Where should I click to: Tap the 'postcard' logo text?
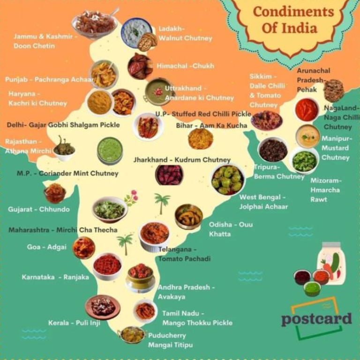[316, 319]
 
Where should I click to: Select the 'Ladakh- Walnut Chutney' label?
[185, 34]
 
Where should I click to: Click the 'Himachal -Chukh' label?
[185, 66]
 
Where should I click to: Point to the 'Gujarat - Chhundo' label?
[38, 209]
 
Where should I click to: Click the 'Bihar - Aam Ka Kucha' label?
[211, 125]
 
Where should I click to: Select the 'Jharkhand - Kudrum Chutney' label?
[182, 160]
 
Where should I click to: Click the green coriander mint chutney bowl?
[110, 150]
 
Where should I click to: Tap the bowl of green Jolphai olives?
[227, 180]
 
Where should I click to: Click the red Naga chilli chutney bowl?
[307, 110]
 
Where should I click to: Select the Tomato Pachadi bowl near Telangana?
[154, 234]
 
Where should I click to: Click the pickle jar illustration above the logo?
[332, 264]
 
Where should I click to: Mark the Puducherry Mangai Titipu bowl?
[132, 334]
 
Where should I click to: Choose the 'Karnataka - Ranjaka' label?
[55, 277]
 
